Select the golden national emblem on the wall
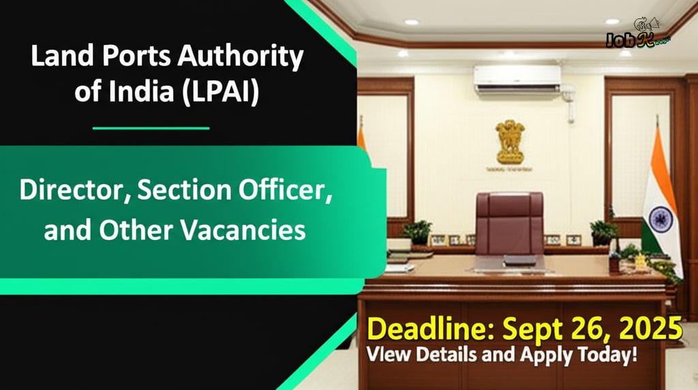point(510,142)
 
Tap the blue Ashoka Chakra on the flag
point(660,220)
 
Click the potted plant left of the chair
point(416,231)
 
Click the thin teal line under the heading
point(151,127)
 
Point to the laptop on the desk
point(518,260)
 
